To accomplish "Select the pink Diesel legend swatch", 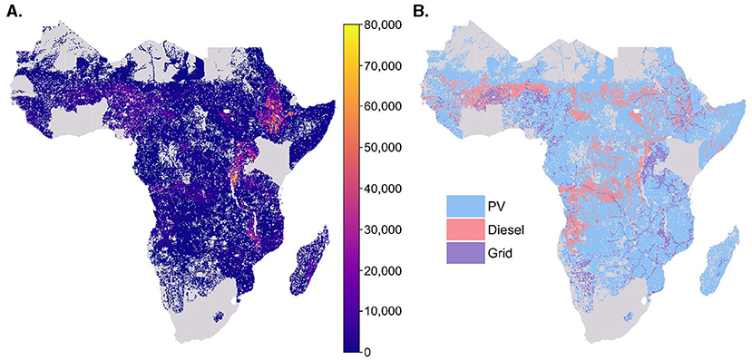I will pyautogui.click(x=467, y=230).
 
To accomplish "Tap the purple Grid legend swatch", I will pyautogui.click(x=467, y=255).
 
